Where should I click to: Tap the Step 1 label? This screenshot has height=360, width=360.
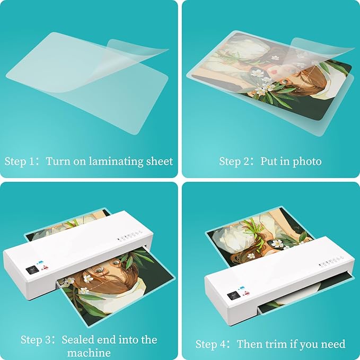click(x=20, y=161)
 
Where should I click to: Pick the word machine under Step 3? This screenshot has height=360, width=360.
click(x=89, y=353)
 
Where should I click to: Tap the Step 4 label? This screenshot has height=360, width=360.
click(x=210, y=344)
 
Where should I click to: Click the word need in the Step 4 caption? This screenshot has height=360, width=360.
click(x=332, y=344)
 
